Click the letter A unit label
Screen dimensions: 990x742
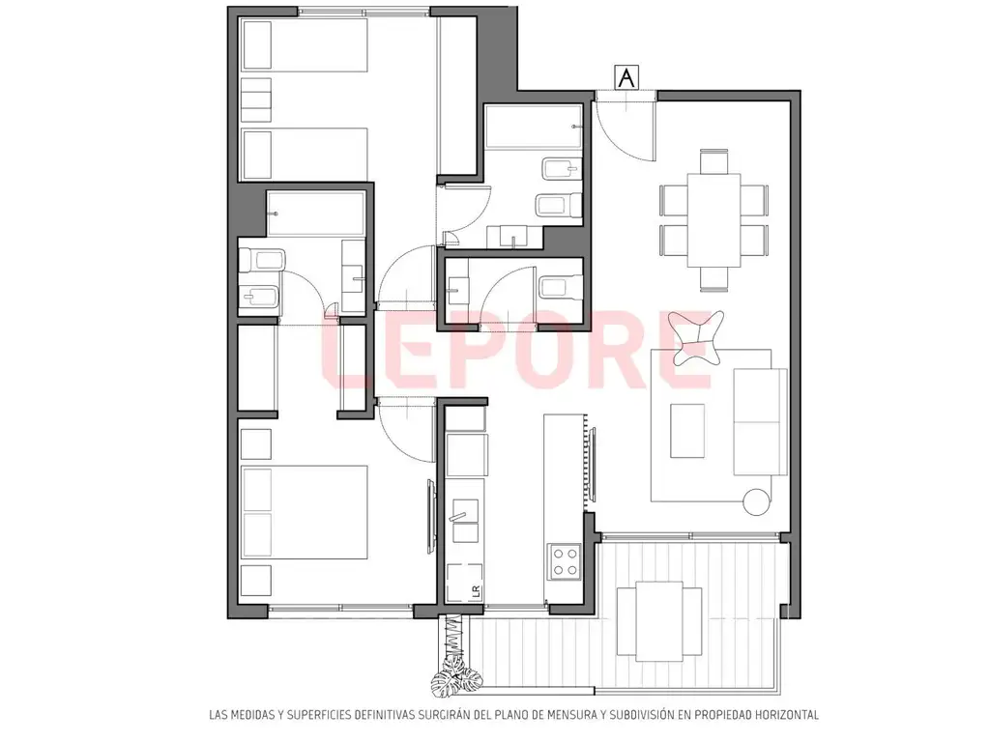click(x=626, y=77)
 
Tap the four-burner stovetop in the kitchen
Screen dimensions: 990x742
click(x=565, y=561)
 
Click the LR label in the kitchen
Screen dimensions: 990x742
click(x=476, y=591)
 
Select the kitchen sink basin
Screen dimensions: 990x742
click(x=465, y=521)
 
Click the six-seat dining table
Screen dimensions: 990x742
click(x=713, y=220)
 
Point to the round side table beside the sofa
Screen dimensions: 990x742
click(x=756, y=501)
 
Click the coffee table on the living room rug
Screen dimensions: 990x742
click(x=687, y=431)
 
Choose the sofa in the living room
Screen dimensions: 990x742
click(x=760, y=421)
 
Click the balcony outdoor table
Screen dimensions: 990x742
click(x=659, y=621)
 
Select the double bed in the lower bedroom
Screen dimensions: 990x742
click(x=305, y=512)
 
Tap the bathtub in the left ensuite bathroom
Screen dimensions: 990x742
click(x=316, y=214)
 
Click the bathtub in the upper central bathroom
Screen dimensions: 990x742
click(x=533, y=128)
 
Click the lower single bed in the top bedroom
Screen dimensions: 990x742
click(x=305, y=155)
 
